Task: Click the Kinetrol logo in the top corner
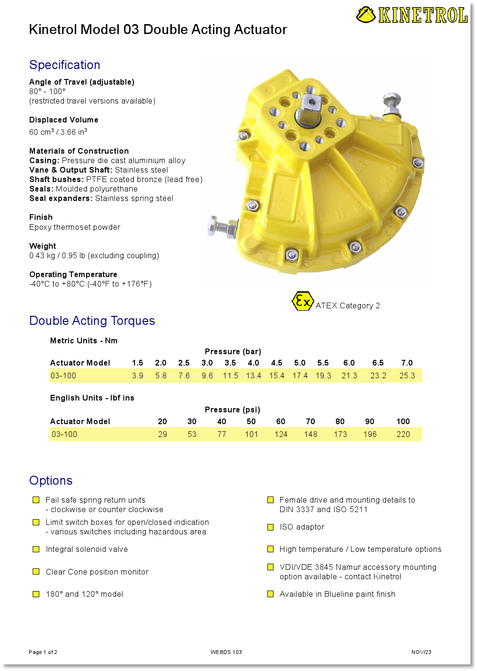tap(412, 15)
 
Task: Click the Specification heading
tap(65, 65)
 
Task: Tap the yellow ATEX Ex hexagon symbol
tap(302, 301)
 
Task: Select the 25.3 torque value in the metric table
tap(407, 375)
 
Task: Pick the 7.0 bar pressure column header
tap(407, 363)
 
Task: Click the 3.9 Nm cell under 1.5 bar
tap(138, 375)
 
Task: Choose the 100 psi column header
tap(403, 421)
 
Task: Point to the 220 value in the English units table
tap(403, 434)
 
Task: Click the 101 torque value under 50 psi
tap(251, 434)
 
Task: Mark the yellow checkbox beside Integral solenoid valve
tap(36, 549)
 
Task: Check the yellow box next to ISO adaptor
tap(271, 527)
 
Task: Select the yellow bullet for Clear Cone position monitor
tap(36, 572)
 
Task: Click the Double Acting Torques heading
tap(92, 321)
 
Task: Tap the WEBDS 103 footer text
tap(226, 652)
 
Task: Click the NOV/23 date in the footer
tap(421, 652)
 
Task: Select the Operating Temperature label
tap(73, 274)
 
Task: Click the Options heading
tap(51, 480)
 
